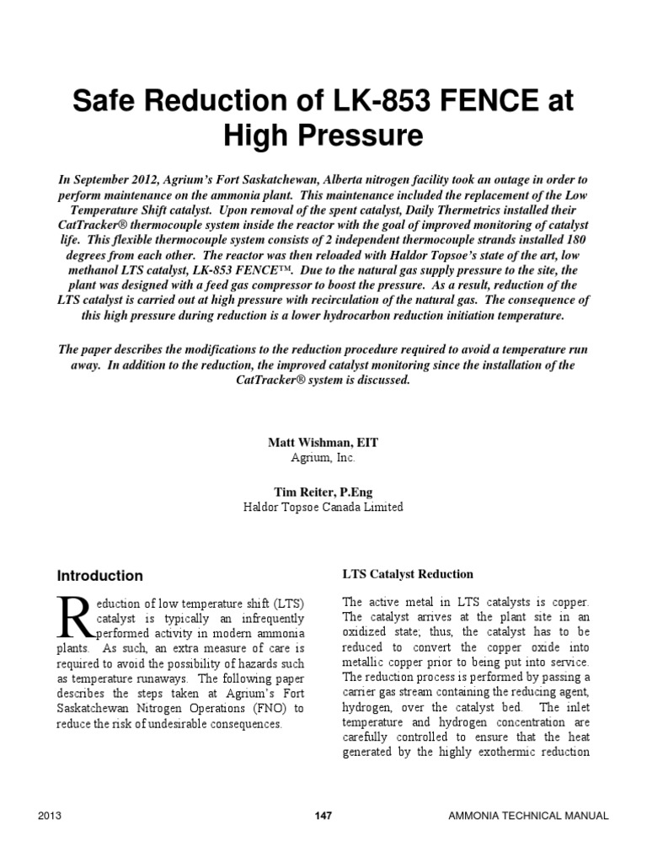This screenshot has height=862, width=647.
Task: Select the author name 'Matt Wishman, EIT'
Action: [x=323, y=442]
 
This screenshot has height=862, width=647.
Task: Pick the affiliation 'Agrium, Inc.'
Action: [x=323, y=458]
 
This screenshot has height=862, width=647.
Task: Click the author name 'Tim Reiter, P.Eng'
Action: [x=323, y=491]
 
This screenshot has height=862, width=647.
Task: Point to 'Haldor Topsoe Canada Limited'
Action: [x=323, y=507]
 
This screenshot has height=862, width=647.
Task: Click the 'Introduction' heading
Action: [x=99, y=577]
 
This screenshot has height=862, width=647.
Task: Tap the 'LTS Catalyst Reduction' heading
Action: [x=408, y=574]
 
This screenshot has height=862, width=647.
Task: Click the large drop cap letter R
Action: [x=72, y=618]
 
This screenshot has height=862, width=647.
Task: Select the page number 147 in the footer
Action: [x=323, y=816]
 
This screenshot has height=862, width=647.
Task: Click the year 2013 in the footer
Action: [x=51, y=816]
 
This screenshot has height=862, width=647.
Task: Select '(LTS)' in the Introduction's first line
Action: [x=286, y=604]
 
